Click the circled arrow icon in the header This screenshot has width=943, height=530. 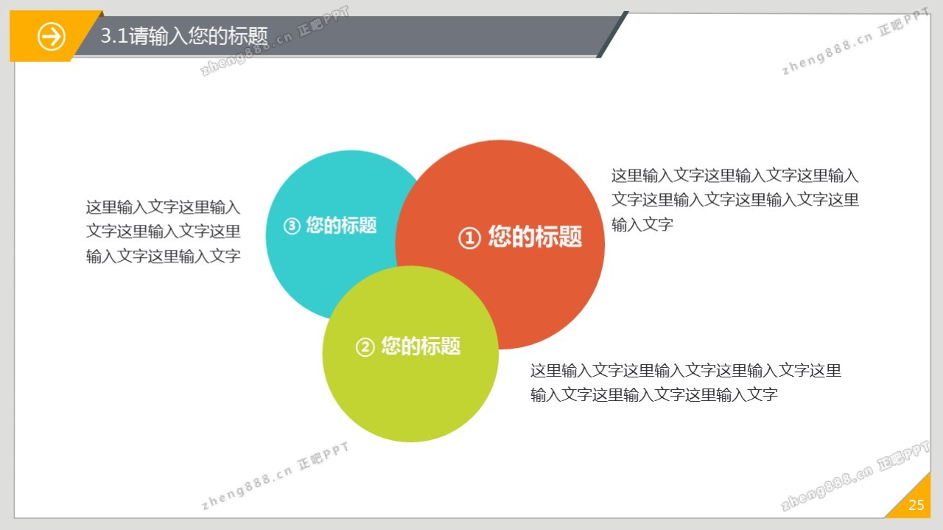point(52,37)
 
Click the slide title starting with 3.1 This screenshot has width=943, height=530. point(184,35)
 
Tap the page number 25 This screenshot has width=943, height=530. point(916,505)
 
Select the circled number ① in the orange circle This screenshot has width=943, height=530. point(469,238)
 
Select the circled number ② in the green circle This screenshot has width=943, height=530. point(365,347)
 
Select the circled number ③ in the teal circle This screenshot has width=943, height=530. point(292,226)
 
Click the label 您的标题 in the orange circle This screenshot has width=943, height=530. point(535,237)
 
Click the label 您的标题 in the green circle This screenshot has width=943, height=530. point(421,346)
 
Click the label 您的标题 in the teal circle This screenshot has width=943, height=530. point(341,225)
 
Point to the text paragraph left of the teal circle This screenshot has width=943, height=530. point(164,231)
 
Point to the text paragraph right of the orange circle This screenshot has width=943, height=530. point(735,200)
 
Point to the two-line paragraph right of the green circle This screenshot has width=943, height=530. point(686,383)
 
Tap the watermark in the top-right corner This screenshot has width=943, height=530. point(855,41)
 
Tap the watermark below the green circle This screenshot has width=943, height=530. point(276,475)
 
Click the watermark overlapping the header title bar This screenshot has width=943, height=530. point(276,41)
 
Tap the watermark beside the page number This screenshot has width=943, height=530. point(855,475)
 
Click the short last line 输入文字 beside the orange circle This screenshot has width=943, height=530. point(642,225)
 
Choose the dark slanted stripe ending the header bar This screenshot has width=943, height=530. point(612,35)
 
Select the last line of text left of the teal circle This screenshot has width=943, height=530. point(164,256)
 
